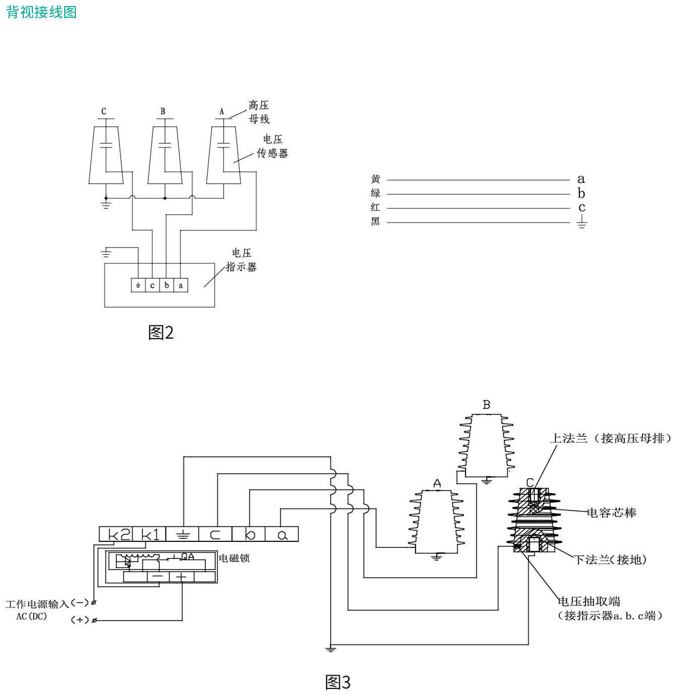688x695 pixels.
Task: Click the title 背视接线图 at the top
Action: pyautogui.click(x=41, y=12)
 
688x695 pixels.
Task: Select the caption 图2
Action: pyautogui.click(x=161, y=333)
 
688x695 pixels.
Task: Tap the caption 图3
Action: pyautogui.click(x=338, y=682)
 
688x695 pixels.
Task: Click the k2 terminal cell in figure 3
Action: pyautogui.click(x=116, y=534)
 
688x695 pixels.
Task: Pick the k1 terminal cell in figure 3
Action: pyautogui.click(x=150, y=534)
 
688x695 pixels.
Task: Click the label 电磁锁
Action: pyautogui.click(x=234, y=558)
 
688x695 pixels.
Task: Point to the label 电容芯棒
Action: pyautogui.click(x=611, y=513)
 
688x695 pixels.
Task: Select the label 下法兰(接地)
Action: pyautogui.click(x=611, y=560)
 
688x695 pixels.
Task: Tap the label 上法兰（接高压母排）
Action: pyautogui.click(x=610, y=438)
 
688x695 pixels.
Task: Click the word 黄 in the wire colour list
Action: pyautogui.click(x=376, y=179)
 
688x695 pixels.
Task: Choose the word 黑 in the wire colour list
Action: pyautogui.click(x=376, y=221)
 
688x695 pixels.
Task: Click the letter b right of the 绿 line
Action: pyautogui.click(x=581, y=194)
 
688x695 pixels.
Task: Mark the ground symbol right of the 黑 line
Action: pyautogui.click(x=582, y=222)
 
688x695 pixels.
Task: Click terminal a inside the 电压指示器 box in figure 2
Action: pyautogui.click(x=181, y=286)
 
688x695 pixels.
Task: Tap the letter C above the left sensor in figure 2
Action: pyautogui.click(x=104, y=111)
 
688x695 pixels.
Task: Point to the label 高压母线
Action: pyautogui.click(x=259, y=112)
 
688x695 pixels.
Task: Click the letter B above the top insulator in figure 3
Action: pyautogui.click(x=486, y=405)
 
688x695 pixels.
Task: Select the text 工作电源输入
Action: pyautogui.click(x=37, y=604)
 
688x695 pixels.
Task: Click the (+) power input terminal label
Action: pyautogui.click(x=80, y=620)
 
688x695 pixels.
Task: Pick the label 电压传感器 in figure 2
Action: pyautogui.click(x=272, y=146)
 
